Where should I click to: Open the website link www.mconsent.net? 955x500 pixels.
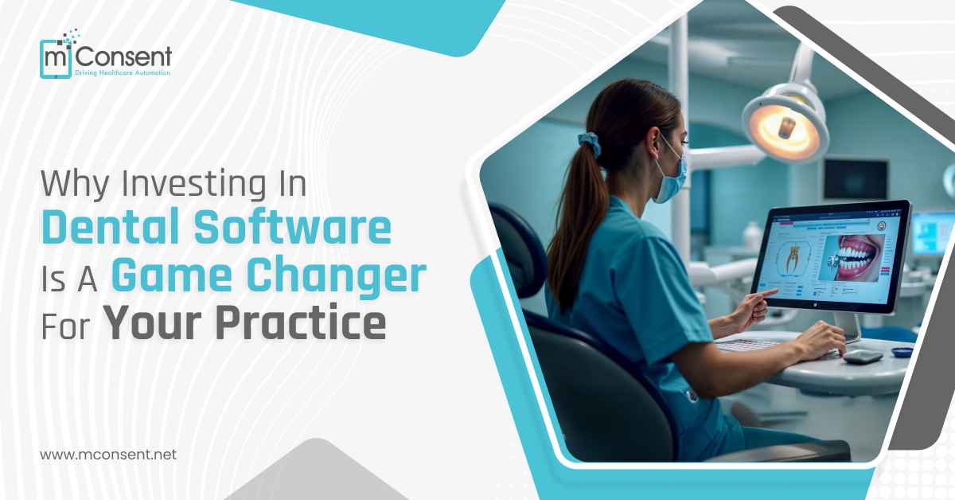[x=107, y=455]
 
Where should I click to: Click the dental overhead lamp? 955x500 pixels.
[x=784, y=123]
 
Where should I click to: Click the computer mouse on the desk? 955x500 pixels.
[x=863, y=356]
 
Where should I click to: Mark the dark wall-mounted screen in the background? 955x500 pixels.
[x=855, y=179]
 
